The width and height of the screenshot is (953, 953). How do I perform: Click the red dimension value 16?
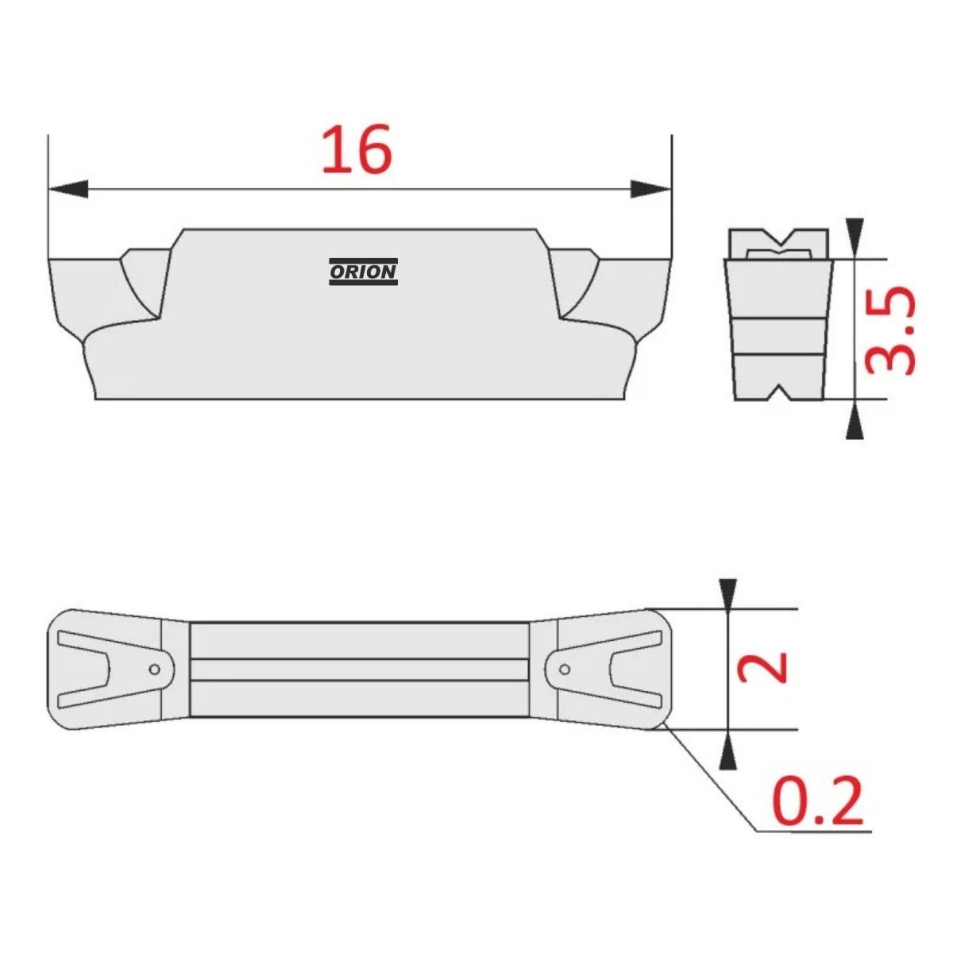tap(357, 149)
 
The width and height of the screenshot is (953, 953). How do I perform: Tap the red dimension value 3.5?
tap(890, 330)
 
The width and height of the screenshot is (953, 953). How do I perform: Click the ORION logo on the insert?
tap(363, 272)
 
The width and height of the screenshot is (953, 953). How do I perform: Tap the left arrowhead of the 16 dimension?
tap(69, 189)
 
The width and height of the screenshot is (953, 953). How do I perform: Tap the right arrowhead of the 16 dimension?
tap(651, 189)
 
